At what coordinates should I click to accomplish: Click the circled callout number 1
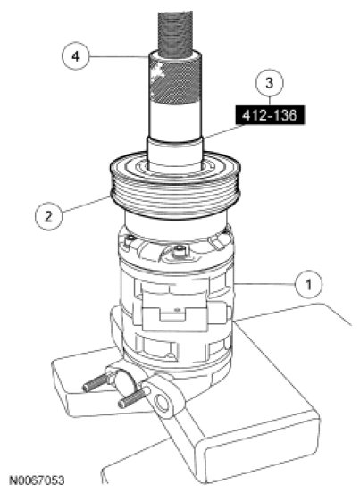pos(308,284)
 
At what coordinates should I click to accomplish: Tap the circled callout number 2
pos(48,216)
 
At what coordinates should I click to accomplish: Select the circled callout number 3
pos(270,83)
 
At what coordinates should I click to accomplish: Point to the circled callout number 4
pos(75,56)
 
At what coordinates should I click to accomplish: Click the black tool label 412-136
pos(270,115)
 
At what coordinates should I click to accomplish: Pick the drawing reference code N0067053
pos(37,480)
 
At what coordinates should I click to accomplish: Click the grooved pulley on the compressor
pos(175,186)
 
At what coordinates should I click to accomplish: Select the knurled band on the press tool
pos(175,82)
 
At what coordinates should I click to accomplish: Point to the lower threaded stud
pos(133,398)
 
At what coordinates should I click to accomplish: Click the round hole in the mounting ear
pos(163,403)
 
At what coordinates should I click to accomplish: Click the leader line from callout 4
pos(119,56)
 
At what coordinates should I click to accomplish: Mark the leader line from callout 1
pos(264,284)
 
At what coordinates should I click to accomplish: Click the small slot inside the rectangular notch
pos(178,310)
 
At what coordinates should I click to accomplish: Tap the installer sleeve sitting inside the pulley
pos(175,153)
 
